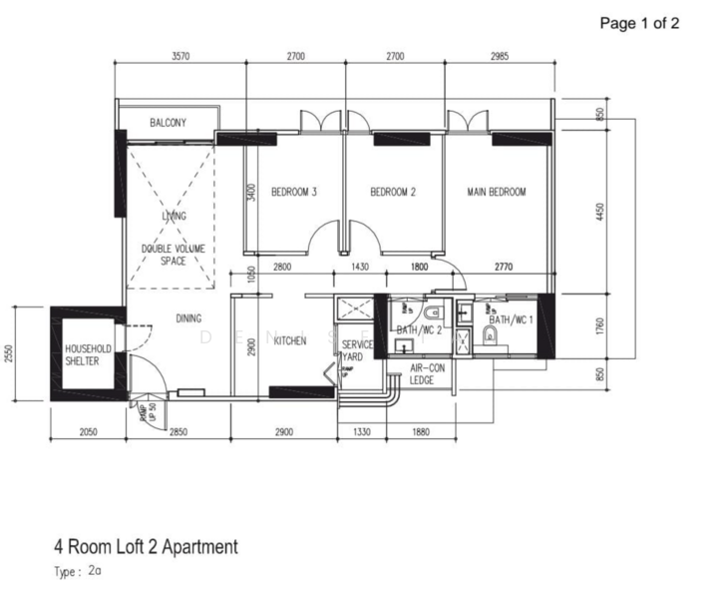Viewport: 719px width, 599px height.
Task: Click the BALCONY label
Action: [168, 123]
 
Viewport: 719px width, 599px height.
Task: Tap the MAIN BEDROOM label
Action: [496, 192]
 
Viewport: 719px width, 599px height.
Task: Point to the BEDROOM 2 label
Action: [392, 192]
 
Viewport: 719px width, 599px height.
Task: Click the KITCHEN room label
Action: [290, 341]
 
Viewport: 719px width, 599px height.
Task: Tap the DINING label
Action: [188, 319]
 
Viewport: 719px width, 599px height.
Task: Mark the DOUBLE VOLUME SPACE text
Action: [174, 255]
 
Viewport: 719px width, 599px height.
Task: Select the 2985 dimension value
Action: [499, 57]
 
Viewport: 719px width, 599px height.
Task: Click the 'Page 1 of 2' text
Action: [638, 23]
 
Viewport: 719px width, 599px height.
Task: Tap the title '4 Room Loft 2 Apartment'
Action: [146, 546]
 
